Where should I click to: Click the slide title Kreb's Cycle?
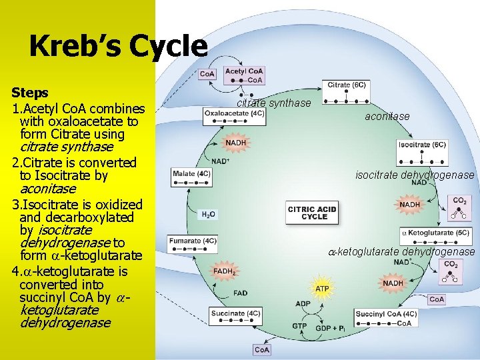118,46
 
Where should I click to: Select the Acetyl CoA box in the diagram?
244,71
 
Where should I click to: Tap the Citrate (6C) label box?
347,85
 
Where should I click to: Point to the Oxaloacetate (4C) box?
234,113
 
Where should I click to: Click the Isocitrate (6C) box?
422,145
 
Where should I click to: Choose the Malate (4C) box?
192,174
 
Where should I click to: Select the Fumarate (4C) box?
193,241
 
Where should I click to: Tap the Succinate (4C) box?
235,313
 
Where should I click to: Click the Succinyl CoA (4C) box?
386,314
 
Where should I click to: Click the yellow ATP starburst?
322,288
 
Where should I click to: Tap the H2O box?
208,215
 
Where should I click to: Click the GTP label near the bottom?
299,326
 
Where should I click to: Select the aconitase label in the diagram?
387,117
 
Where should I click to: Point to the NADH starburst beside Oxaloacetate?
235,143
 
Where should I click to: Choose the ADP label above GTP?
303,303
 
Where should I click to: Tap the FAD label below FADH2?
240,293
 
